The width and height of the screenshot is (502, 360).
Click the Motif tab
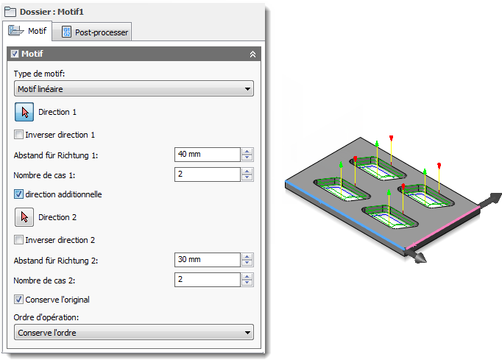tap(27, 31)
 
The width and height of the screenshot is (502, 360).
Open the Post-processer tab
tap(92, 32)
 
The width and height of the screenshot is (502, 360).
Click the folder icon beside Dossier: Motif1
tap(10, 13)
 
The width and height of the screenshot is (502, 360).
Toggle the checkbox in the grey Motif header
tap(15, 54)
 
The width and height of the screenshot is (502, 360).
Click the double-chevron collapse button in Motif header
tap(252, 54)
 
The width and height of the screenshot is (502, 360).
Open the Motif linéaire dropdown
tap(134, 89)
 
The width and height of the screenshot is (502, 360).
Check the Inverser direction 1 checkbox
tap(18, 135)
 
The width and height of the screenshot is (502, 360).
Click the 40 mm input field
tap(207, 155)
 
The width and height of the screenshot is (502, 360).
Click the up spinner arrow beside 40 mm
tap(247, 151)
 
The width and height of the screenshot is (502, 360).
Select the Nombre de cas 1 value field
tap(207, 174)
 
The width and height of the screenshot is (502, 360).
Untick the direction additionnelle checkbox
tap(18, 194)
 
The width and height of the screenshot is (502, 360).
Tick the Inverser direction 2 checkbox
tap(18, 240)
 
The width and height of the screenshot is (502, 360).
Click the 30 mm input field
tap(207, 260)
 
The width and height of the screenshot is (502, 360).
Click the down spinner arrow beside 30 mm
tap(247, 263)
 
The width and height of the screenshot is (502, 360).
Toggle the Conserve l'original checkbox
tap(18, 300)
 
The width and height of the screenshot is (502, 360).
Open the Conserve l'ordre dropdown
tap(134, 332)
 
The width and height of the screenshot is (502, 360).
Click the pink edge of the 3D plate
tap(443, 228)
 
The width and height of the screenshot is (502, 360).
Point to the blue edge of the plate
tap(344, 215)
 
